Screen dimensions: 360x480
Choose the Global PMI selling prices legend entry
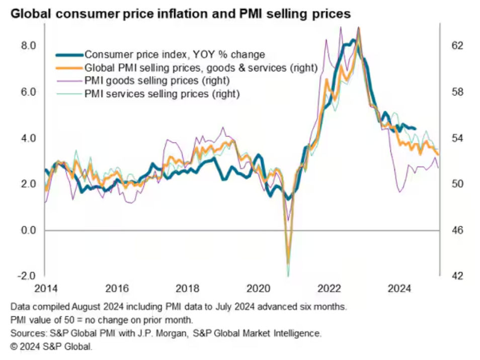pos(201,67)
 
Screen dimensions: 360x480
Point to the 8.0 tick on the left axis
pos(28,46)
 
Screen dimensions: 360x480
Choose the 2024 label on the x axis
pos(401,289)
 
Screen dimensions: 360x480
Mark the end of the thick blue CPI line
pos(415,129)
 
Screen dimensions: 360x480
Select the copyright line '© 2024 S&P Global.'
pos(51,346)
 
